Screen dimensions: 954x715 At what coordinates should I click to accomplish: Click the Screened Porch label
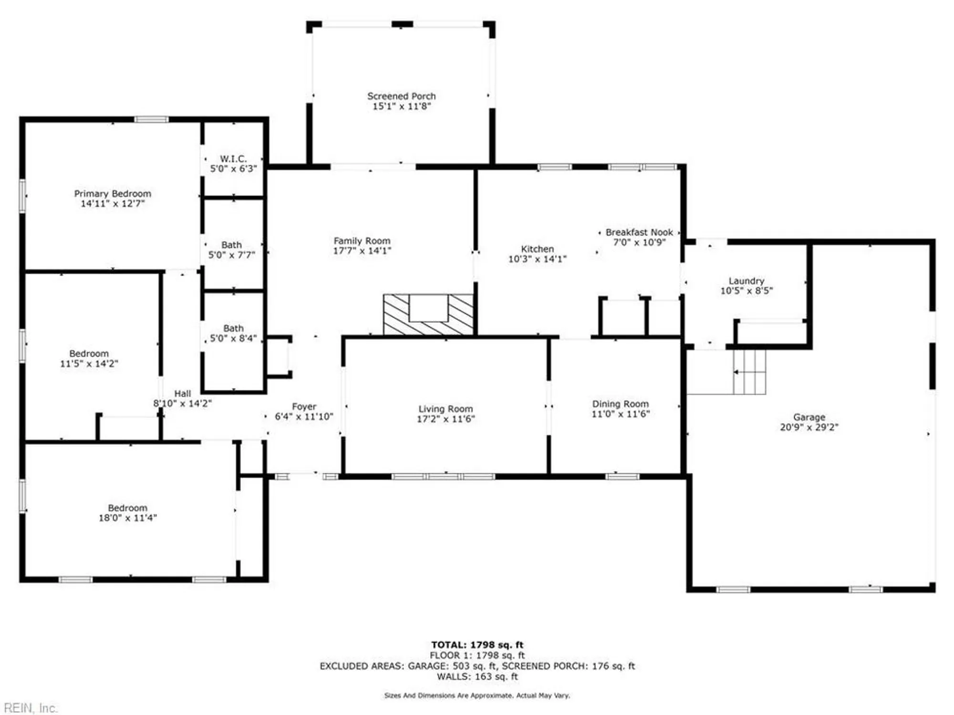(x=401, y=96)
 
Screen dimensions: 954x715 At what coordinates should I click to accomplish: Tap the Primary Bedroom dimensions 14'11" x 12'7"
(x=113, y=204)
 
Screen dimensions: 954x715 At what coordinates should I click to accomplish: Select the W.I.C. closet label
(x=233, y=159)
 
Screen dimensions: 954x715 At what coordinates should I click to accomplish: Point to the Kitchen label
(x=537, y=249)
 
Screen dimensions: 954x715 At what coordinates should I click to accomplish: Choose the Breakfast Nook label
(x=639, y=232)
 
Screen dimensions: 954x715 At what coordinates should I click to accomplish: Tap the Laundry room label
(x=746, y=281)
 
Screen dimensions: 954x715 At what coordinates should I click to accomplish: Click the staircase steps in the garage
(x=749, y=372)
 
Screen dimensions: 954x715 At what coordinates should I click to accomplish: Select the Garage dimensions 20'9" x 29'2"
(x=809, y=428)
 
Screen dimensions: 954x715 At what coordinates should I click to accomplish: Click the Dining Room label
(x=620, y=404)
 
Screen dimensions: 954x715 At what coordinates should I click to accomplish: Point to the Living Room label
(x=446, y=409)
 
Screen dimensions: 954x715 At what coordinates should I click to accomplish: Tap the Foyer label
(x=304, y=407)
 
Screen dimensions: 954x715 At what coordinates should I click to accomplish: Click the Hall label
(x=182, y=394)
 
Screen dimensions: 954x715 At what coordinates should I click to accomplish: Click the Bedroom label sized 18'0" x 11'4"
(x=127, y=508)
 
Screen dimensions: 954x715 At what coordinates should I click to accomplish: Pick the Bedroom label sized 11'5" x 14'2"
(x=89, y=354)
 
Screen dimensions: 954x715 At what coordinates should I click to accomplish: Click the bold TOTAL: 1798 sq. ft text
(x=477, y=645)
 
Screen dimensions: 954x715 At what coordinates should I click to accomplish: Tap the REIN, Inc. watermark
(x=31, y=708)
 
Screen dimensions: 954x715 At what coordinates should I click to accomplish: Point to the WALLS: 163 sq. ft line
(x=477, y=676)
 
